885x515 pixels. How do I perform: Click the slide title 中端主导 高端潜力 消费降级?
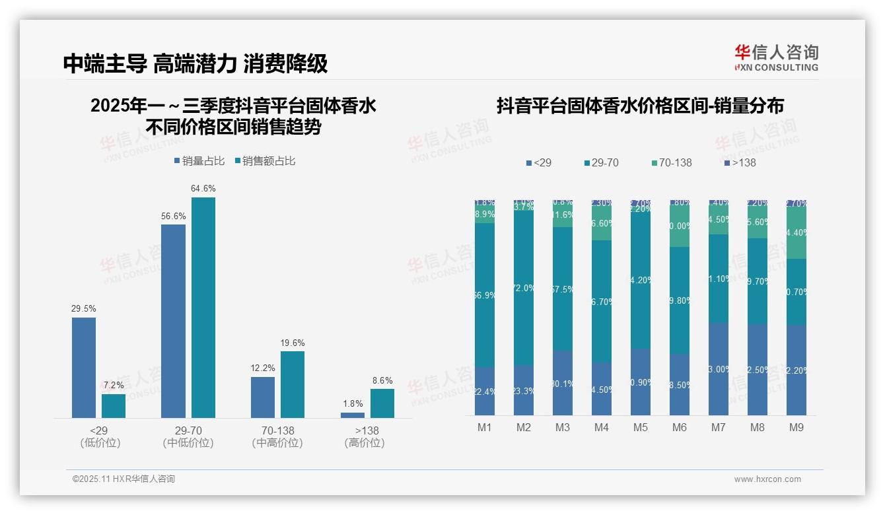tap(195, 63)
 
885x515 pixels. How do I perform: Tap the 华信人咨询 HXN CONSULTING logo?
tap(776, 57)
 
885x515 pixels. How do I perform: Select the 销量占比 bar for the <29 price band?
tap(84, 367)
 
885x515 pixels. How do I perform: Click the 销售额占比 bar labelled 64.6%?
tap(203, 307)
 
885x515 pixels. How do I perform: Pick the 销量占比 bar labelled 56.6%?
tap(173, 321)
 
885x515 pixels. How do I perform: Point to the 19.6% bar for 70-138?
tap(293, 384)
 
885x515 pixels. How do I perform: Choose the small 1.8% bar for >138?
tap(353, 415)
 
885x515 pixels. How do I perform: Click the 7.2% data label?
tap(114, 385)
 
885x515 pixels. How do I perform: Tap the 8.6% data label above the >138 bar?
tap(382, 380)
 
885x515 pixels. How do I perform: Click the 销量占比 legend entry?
tap(199, 161)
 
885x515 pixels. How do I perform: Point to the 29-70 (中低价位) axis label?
tap(188, 436)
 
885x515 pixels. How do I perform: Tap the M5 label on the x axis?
tap(641, 427)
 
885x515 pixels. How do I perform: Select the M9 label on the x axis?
tap(796, 427)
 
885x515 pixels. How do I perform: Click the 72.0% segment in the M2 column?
tap(524, 288)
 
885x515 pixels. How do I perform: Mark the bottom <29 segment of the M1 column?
tap(485, 391)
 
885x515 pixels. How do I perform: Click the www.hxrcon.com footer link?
tap(767, 479)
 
